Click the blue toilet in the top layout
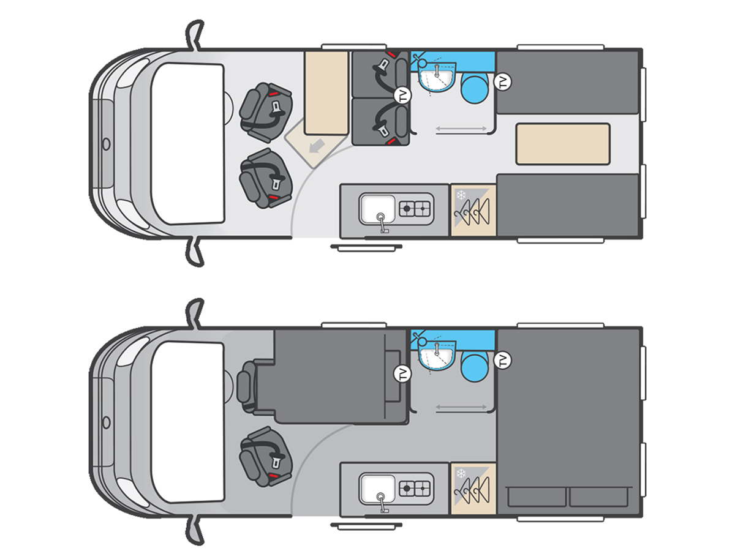475,88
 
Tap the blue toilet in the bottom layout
475,366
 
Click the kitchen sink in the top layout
377,210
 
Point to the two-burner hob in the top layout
415,209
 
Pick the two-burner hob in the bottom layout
415,487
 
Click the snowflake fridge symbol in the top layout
461,195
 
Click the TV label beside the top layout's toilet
503,81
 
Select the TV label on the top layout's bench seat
403,96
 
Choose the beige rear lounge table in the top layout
562,144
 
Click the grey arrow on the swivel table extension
317,146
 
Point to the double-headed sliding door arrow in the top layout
461,129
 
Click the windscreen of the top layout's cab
188,143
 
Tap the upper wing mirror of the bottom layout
195,313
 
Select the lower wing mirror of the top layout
195,252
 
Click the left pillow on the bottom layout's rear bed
537,497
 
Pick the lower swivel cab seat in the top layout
266,178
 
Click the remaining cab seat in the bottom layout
266,457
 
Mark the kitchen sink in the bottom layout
377,489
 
